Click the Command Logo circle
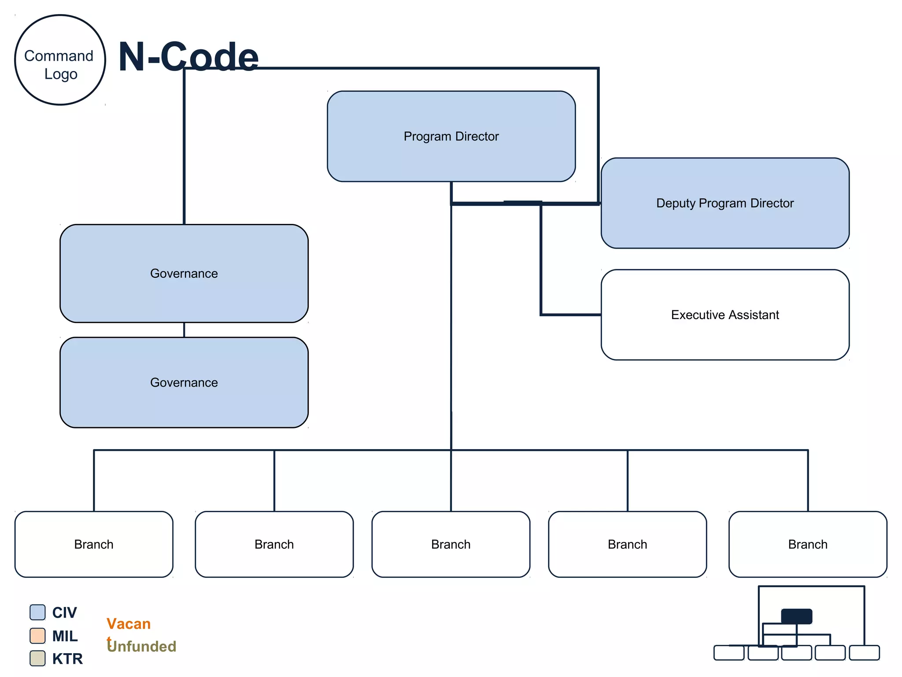(60, 60)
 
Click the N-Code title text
(189, 56)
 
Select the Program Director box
(451, 136)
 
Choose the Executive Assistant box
(725, 315)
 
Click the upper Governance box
(184, 273)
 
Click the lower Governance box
(184, 382)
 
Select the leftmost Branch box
(94, 544)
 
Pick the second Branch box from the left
(274, 544)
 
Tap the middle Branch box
(451, 544)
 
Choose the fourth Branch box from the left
(627, 544)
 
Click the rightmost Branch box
(808, 544)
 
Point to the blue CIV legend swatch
(37, 612)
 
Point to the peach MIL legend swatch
(37, 636)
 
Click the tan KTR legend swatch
(37, 658)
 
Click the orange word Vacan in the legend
(129, 624)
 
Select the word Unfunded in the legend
(142, 646)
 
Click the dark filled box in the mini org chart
(796, 616)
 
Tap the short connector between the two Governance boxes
(184, 330)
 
